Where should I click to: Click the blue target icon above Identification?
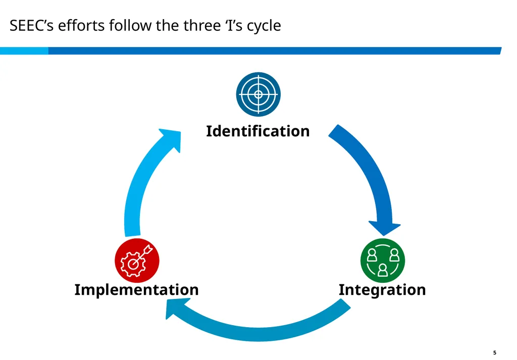[258, 94]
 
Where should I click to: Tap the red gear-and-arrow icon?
[137, 261]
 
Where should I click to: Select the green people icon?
[383, 261]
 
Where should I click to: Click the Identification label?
[258, 131]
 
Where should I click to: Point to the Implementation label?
[136, 290]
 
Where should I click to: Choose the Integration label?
[382, 290]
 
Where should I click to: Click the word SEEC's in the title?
[31, 25]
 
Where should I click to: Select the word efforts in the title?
[81, 25]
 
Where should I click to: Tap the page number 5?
[495, 353]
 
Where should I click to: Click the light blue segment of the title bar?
[24, 51]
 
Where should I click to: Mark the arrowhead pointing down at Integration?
[384, 228]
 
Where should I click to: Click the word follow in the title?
[130, 25]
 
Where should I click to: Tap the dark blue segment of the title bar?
[275, 51]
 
